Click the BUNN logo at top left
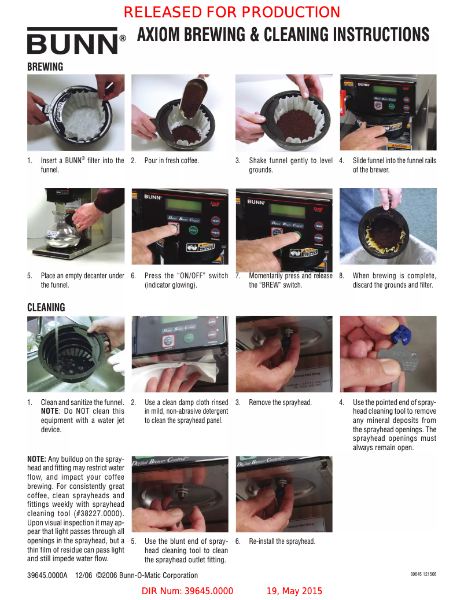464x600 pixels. click(73, 42)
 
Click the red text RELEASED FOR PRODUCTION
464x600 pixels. click(232, 12)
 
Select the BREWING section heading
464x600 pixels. click(45, 67)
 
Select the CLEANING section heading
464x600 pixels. click(46, 307)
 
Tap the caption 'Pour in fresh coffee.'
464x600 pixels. click(171, 161)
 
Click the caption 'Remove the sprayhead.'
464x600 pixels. click(280, 403)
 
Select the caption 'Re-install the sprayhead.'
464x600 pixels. click(282, 542)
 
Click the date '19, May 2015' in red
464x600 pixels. click(294, 591)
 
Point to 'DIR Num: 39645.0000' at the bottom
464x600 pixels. click(187, 591)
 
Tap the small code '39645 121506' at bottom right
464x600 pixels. click(423, 574)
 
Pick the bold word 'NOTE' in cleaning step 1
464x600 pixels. click(53, 411)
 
